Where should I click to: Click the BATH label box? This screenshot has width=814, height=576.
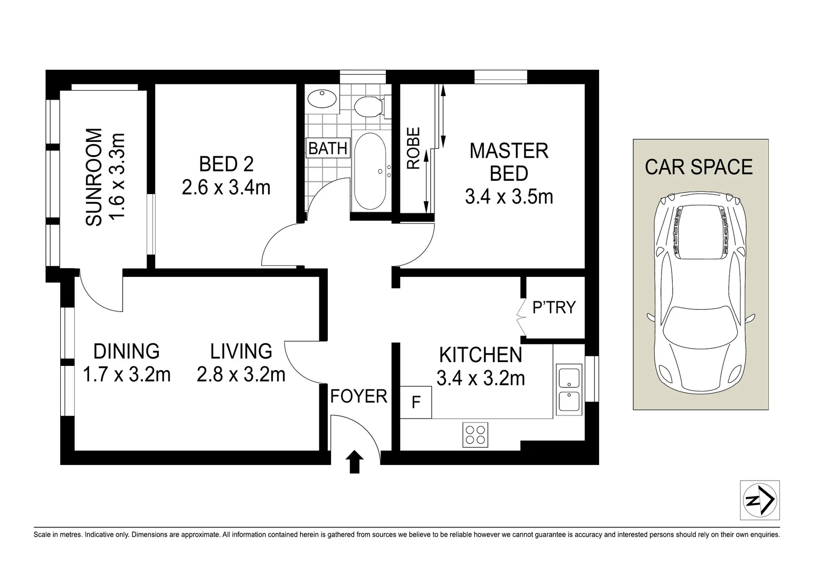tap(328, 148)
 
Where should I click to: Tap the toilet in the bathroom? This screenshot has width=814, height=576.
tap(368, 106)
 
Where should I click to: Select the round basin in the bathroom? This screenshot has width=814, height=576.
tap(322, 99)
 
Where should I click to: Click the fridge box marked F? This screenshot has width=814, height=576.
tap(416, 402)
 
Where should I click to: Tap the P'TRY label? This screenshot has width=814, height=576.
tap(554, 307)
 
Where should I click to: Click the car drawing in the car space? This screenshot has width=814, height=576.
tap(700, 293)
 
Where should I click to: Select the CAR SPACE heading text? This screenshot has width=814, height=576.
tap(698, 167)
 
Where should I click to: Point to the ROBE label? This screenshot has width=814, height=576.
tap(414, 148)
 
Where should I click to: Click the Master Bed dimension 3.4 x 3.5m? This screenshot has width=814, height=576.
tap(509, 197)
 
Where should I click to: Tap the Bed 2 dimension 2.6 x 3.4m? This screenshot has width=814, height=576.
tap(226, 188)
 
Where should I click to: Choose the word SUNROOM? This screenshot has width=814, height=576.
tap(94, 177)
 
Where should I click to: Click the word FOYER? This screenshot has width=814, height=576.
tap(358, 396)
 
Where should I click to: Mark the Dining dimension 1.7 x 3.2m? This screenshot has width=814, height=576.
tap(127, 374)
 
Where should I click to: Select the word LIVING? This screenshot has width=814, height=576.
tap(241, 351)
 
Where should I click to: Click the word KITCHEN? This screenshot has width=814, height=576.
tap(480, 355)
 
